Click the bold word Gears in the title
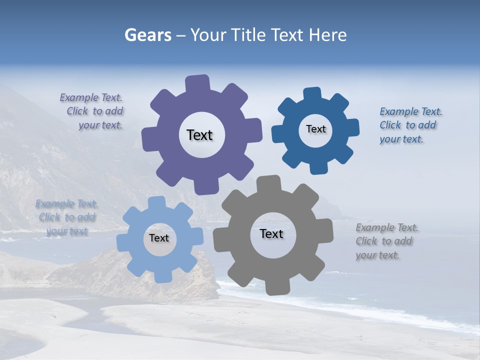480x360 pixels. tap(147, 35)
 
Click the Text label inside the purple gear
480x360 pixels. tap(199, 135)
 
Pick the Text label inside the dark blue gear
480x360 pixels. tap(315, 129)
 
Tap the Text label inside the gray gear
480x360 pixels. tap(271, 234)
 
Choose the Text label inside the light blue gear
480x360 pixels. tap(159, 238)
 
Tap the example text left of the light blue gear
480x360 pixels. tap(66, 217)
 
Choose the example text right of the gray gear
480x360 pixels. tap(386, 241)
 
